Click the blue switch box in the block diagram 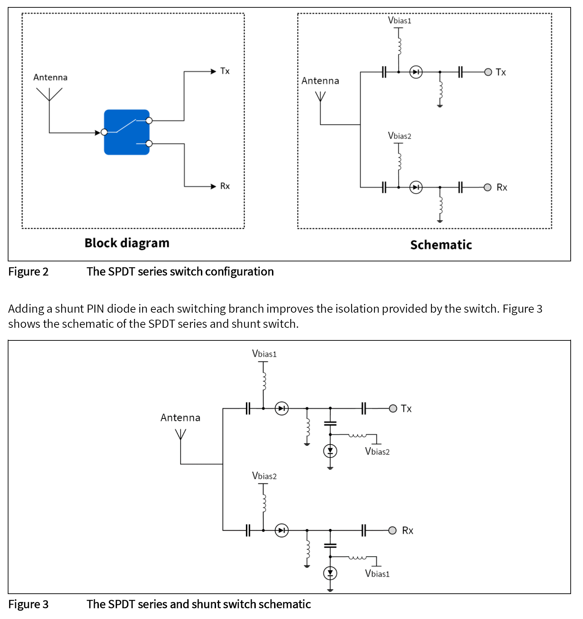pyautogui.click(x=127, y=132)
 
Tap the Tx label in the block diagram pyautogui.click(x=225, y=71)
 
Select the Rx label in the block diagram pyautogui.click(x=225, y=186)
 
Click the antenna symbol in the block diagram pyautogui.click(x=49, y=94)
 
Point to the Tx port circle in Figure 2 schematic pyautogui.click(x=488, y=72)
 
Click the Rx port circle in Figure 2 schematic pyautogui.click(x=487, y=187)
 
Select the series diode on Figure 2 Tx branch pyautogui.click(x=416, y=72)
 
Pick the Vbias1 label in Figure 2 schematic pyautogui.click(x=399, y=20)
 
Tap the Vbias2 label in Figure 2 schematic pyautogui.click(x=399, y=136)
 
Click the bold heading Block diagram pyautogui.click(x=127, y=243)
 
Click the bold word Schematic pyautogui.click(x=441, y=245)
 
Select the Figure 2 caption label pyautogui.click(x=28, y=272)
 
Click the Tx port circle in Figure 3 pyautogui.click(x=393, y=408)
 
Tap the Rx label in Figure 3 pyautogui.click(x=407, y=530)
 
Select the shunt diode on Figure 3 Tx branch pyautogui.click(x=330, y=451)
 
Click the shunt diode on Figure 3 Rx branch pyautogui.click(x=330, y=573)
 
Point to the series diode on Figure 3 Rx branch pyautogui.click(x=281, y=530)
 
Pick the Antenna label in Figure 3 pyautogui.click(x=180, y=418)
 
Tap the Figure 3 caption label pyautogui.click(x=28, y=604)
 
